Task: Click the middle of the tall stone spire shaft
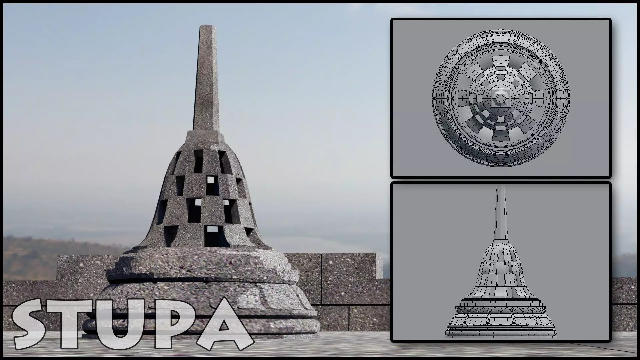point(206,80)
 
